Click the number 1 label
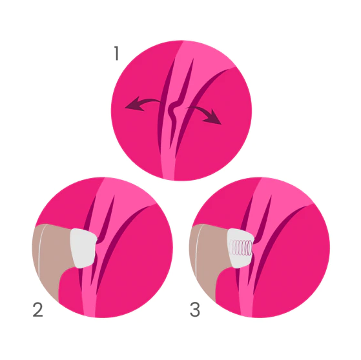[116, 53]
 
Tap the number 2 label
[37, 310]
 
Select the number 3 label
[195, 310]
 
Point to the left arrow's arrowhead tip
[125, 108]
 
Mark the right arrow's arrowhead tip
[222, 125]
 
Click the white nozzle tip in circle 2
[83, 248]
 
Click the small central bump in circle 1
[173, 109]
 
